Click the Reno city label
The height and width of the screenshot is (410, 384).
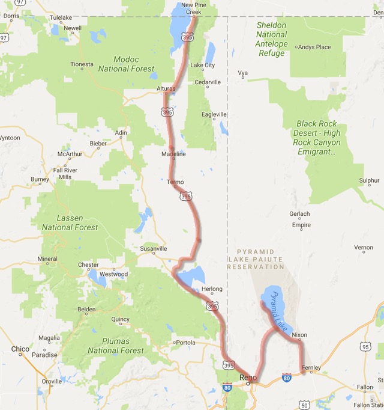[x=248, y=378]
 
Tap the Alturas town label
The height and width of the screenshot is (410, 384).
[x=166, y=89]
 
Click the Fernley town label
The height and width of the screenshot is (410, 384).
[x=312, y=368]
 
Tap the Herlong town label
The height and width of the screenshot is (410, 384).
[x=212, y=289]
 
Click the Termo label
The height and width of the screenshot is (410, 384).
[x=175, y=182]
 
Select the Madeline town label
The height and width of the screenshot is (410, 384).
[x=173, y=155]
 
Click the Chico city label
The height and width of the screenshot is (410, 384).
[x=20, y=349]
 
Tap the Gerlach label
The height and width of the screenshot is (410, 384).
[x=299, y=213]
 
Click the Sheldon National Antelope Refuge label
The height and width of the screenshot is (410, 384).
[x=271, y=39]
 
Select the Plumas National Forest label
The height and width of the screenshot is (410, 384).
[x=116, y=346]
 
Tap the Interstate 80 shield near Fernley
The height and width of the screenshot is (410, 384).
[x=287, y=378]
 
